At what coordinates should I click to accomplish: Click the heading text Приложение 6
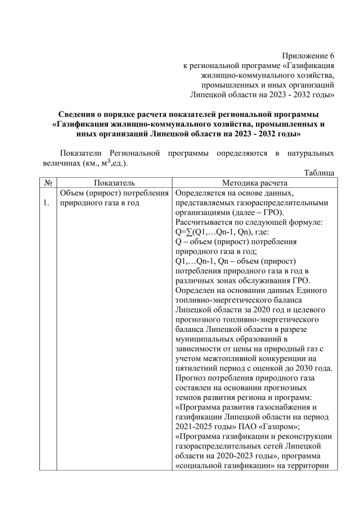308,56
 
